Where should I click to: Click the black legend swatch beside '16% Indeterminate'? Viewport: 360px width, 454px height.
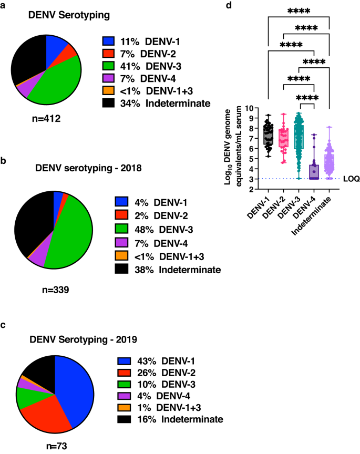pyautogui.click(x=108, y=419)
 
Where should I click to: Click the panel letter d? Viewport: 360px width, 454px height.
pyautogui.click(x=228, y=5)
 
